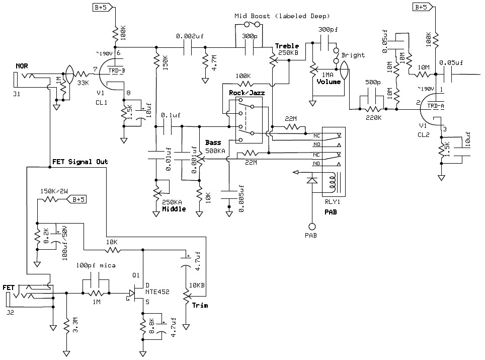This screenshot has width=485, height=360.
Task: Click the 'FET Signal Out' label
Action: pyautogui.click(x=80, y=162)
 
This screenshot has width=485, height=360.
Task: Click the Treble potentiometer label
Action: pyautogui.click(x=287, y=46)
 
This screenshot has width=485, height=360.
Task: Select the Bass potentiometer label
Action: pyautogui.click(x=213, y=143)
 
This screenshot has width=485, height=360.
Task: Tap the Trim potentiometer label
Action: pyautogui.click(x=200, y=305)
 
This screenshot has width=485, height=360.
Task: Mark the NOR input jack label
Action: pyautogui.click(x=21, y=66)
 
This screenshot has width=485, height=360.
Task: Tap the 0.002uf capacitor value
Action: pyautogui.click(x=190, y=37)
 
